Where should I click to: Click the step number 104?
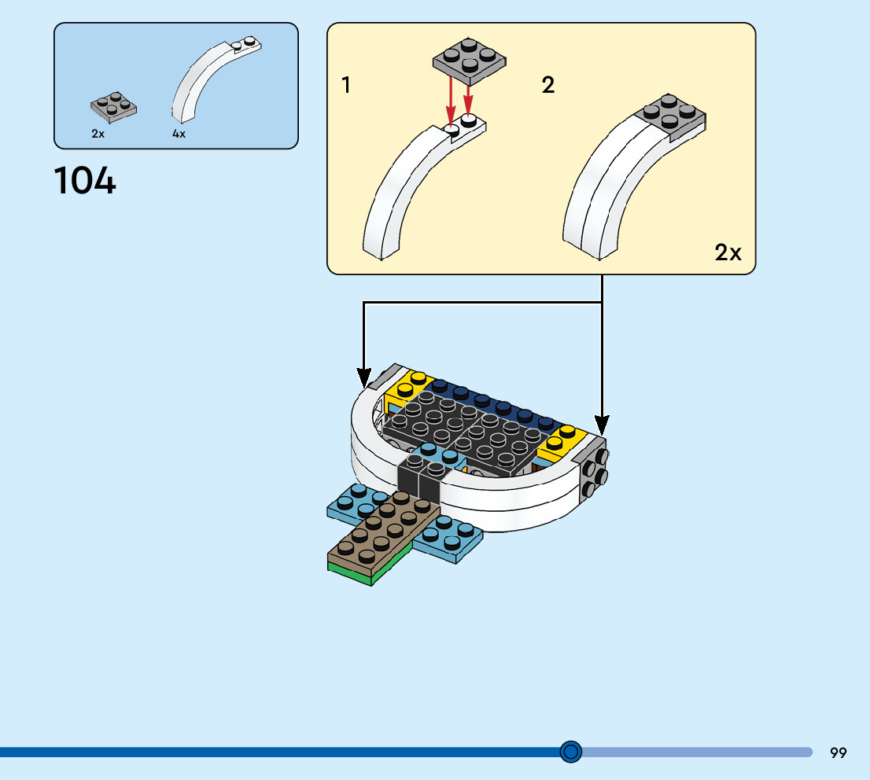tap(85, 182)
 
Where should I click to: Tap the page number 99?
tap(838, 753)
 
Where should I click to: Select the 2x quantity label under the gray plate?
tap(98, 134)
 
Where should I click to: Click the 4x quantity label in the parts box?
tap(179, 134)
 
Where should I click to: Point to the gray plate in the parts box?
tap(114, 108)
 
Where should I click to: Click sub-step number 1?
tap(346, 85)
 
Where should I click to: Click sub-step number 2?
tap(548, 85)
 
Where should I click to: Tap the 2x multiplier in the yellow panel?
tap(728, 252)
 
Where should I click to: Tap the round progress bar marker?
tap(571, 752)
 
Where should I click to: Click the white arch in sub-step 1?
tap(401, 189)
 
